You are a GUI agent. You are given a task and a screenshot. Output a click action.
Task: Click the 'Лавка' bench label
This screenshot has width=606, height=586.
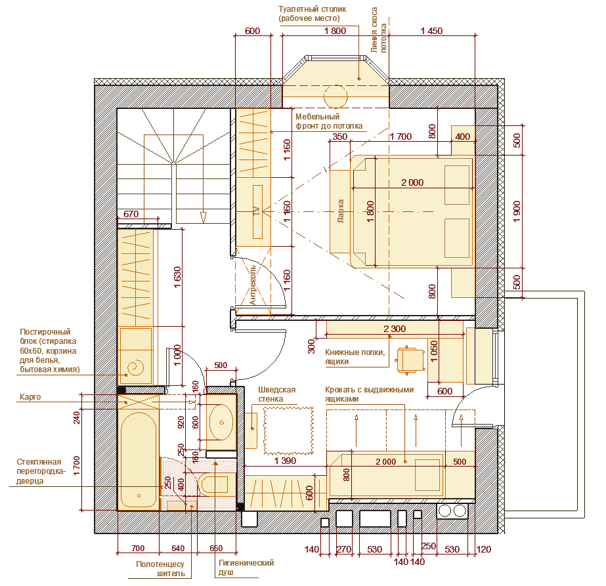point(341,211)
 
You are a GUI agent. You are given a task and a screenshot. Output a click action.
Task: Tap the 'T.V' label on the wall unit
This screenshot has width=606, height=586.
point(257,211)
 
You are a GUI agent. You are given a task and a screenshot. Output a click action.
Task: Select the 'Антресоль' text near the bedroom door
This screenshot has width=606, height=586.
point(252,285)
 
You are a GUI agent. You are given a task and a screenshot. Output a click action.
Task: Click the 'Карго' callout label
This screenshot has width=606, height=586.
point(30,397)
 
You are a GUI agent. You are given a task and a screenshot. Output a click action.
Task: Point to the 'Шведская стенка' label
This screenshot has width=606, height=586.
point(276,394)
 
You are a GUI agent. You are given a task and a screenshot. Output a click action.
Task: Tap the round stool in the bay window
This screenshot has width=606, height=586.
point(335,96)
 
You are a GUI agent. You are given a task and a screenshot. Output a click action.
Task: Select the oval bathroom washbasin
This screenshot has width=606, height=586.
point(221,422)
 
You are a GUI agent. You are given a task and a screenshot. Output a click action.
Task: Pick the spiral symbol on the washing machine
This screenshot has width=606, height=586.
point(135,367)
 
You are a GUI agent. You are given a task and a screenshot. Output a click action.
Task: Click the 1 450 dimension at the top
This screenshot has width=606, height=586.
point(431,31)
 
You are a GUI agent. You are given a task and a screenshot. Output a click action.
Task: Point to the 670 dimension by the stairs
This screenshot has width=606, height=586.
point(131,214)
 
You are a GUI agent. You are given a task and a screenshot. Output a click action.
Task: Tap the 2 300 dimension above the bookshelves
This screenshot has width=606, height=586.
point(395,329)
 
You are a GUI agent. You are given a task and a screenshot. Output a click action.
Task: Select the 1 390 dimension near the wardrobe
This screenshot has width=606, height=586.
point(285,461)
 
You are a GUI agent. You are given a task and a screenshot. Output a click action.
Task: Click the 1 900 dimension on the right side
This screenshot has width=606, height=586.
point(517,212)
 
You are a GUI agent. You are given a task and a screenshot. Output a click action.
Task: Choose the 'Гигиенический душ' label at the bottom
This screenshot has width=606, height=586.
point(246,568)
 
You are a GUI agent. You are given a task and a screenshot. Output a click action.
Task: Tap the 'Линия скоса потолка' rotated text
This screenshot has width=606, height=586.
point(378,30)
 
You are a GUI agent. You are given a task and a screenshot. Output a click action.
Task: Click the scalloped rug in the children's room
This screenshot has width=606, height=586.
point(289,430)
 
